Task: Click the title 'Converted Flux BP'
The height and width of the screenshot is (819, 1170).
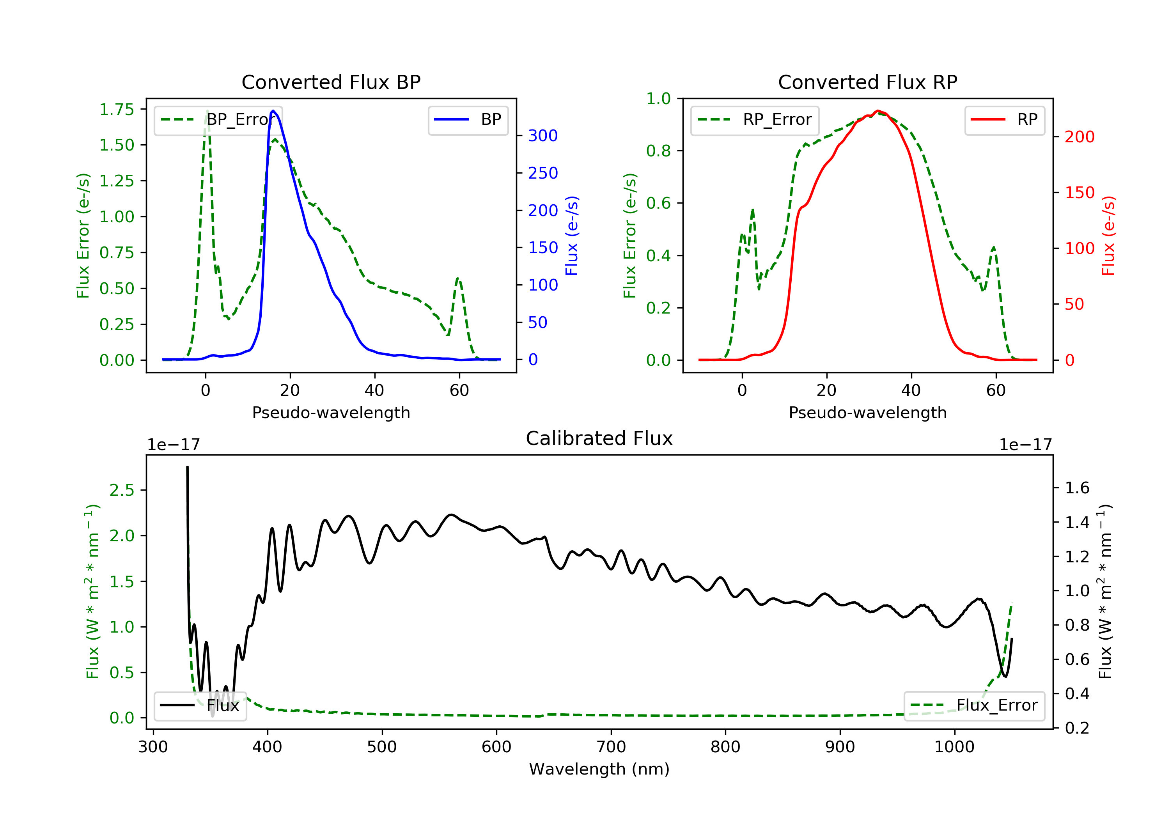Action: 331,82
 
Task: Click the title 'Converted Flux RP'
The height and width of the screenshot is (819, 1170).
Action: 867,82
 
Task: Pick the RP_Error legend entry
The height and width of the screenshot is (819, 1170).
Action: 755,120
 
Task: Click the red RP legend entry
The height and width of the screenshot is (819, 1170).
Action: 1004,120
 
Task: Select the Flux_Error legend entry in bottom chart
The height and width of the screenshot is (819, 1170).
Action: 974,706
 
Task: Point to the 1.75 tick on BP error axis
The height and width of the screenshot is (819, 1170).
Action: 116,110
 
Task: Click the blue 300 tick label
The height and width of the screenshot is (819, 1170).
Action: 543,136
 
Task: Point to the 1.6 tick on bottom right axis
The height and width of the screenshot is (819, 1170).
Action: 1077,488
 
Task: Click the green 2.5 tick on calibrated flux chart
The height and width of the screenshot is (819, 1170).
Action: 122,490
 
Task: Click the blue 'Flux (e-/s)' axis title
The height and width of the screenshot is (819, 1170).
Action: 572,236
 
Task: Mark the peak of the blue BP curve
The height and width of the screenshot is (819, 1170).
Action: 273,111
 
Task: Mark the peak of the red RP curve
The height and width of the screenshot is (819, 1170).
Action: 877,111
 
